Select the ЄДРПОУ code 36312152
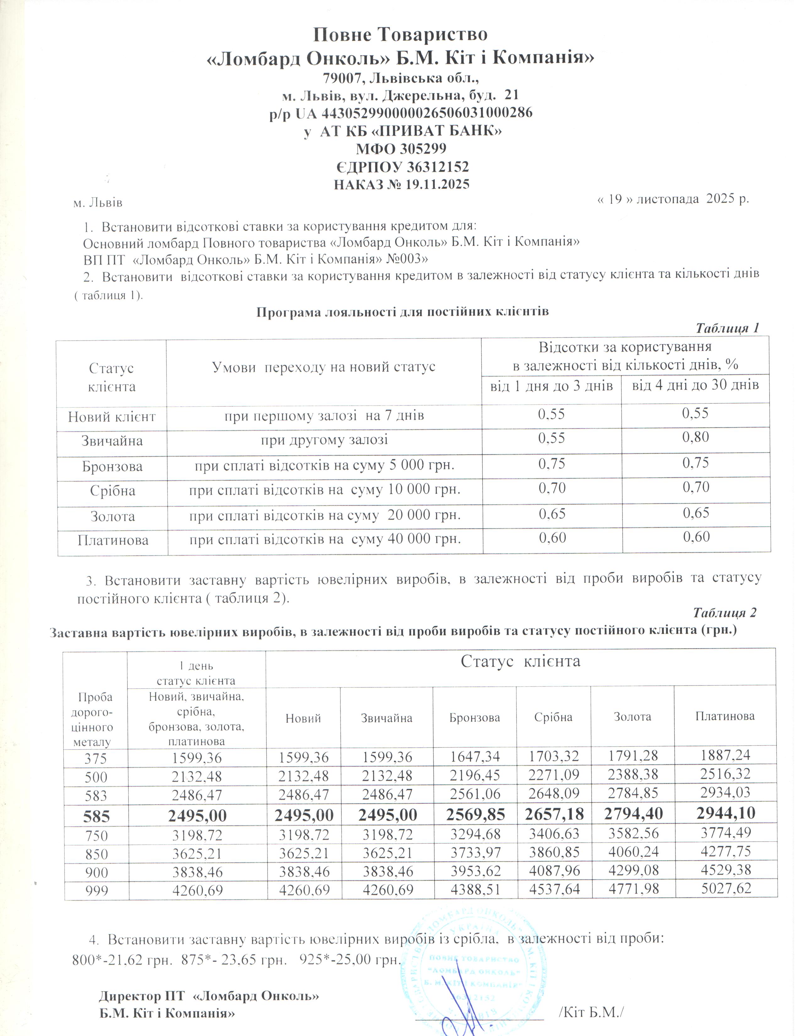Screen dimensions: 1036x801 pos(438,167)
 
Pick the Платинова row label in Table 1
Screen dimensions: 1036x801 pos(113,540)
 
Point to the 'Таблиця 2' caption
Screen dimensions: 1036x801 pos(725,612)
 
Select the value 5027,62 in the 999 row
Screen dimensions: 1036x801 pos(726,888)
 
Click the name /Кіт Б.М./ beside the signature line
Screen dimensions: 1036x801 pos(591,1012)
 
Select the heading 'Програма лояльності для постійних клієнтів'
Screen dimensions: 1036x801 pos(402,312)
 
